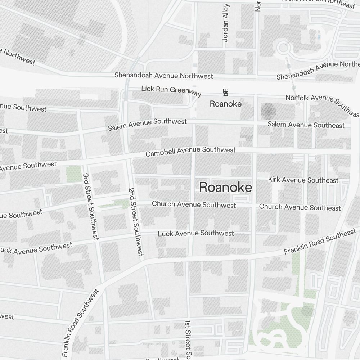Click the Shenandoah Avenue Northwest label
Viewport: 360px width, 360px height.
point(164,76)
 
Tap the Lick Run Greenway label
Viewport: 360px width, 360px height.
point(171,91)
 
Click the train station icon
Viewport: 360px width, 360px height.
point(226,93)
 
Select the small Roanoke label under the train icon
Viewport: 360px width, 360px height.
point(226,104)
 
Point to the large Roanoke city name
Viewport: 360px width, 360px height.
point(225,187)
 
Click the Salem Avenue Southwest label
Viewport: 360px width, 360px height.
point(148,125)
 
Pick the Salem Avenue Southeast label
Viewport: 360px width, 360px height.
point(306,125)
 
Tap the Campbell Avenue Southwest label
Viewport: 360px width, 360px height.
point(190,152)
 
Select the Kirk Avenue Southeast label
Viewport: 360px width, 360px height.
point(303,180)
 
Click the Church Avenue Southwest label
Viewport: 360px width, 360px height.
point(194,204)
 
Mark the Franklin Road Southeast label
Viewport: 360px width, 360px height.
point(320,242)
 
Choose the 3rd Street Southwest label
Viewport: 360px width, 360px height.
point(90,206)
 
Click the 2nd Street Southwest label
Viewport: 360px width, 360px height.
point(136,222)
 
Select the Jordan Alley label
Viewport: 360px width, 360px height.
point(226,22)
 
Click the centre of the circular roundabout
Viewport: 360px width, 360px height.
point(283,48)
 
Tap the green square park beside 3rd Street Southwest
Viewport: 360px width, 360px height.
point(73,174)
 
